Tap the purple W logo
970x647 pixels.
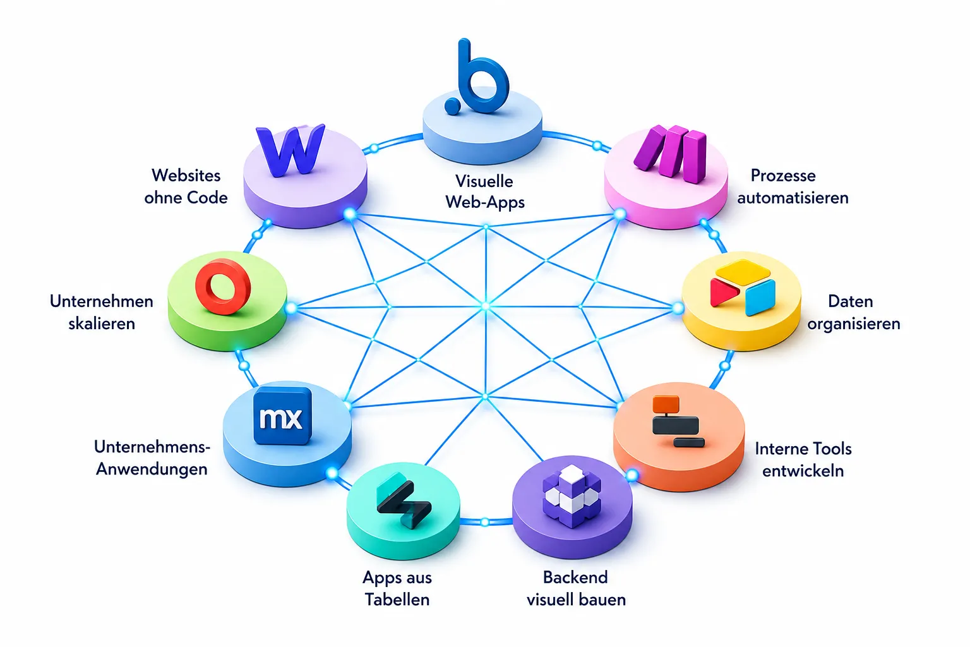pos(290,150)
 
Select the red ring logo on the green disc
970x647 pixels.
pos(223,286)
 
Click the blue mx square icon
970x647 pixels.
pos(282,416)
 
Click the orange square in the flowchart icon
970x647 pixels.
pos(666,404)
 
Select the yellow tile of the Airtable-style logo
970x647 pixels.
pos(743,273)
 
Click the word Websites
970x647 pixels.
pos(186,176)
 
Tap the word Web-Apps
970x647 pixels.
pos(485,202)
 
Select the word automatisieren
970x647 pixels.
pos(793,198)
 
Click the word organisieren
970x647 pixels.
pos(854,324)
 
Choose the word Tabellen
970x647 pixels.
pos(397,600)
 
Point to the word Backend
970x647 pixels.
pos(575,577)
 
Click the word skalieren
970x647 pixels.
pos(102,323)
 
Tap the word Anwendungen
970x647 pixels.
pos(152,469)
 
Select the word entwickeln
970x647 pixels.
pos(803,471)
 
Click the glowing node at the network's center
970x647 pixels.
pos(486,307)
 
